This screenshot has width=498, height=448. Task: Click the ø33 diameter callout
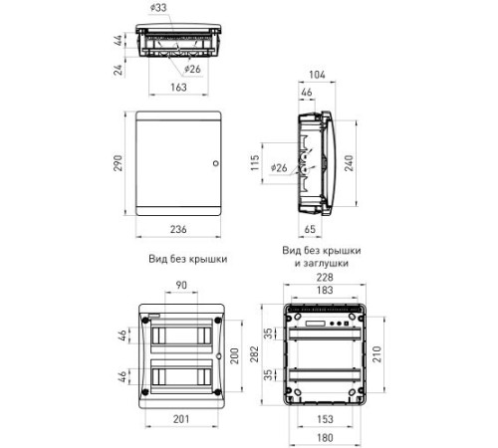(158, 7)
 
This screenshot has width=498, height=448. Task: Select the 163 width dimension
(178, 88)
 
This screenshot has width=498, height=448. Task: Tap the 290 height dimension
(119, 163)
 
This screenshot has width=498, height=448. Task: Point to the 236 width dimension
(178, 229)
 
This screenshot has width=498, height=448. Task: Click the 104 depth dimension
(317, 75)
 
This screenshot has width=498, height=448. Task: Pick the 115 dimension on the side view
(255, 162)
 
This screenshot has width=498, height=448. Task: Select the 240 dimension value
(349, 163)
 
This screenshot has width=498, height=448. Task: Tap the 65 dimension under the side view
(310, 229)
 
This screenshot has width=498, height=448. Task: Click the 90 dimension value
(181, 285)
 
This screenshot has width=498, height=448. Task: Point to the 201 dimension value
(181, 419)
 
